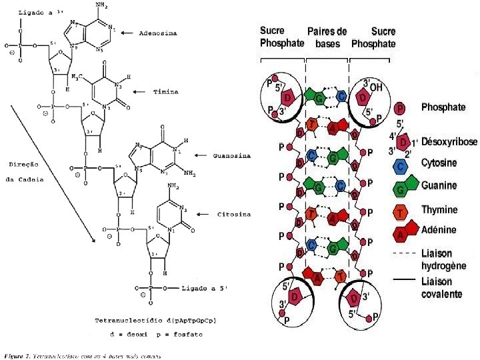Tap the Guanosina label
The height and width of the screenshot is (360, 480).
point(231,156)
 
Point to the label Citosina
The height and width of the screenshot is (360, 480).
point(234,215)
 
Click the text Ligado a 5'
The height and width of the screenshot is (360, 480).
point(204,289)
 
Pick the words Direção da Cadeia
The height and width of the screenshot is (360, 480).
point(27,172)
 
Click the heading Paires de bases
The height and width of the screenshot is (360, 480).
point(327,37)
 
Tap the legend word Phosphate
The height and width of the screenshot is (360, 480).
point(443,107)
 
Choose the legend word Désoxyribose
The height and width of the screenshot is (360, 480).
point(449,142)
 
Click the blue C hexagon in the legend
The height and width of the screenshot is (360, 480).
point(401,164)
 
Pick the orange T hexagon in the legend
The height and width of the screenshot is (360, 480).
point(400,211)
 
